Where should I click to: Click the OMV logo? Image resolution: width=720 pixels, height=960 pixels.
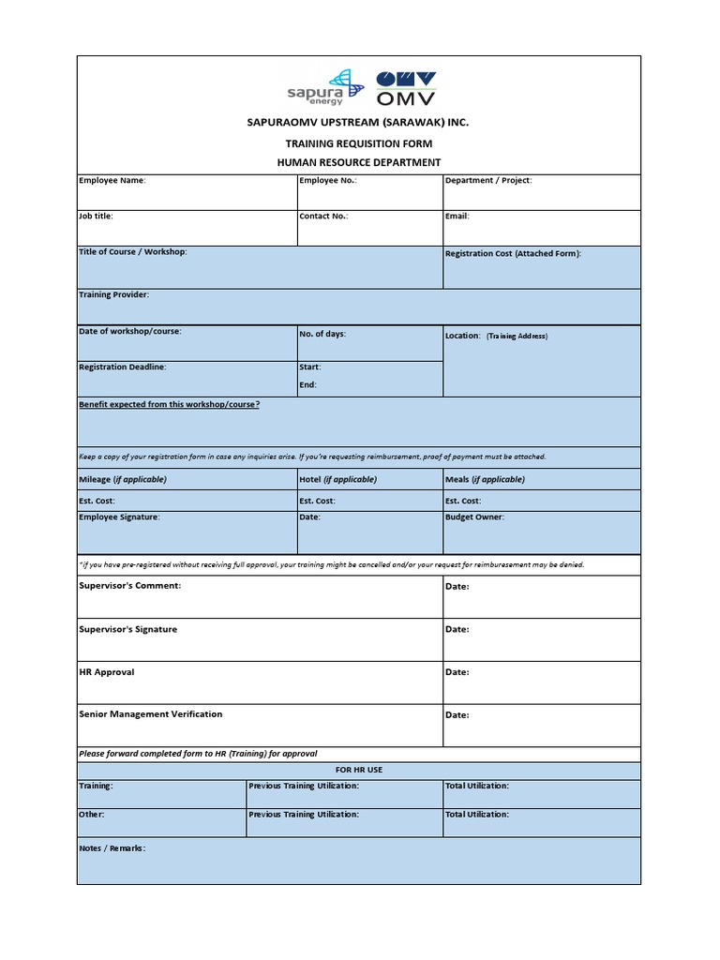405,88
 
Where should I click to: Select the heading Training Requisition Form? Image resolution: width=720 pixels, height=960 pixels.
359,143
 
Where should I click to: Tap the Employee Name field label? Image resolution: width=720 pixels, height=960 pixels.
112,180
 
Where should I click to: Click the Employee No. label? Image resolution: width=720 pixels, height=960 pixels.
327,180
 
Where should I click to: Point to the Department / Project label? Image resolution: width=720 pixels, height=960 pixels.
488,180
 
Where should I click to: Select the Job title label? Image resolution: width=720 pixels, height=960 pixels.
96,216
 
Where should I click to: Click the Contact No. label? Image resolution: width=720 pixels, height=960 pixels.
323,216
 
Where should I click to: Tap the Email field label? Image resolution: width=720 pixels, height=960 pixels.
457,216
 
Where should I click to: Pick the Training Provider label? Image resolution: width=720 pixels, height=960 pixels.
113,294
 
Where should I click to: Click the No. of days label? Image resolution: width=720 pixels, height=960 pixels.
322,334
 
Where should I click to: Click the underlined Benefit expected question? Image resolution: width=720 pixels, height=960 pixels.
170,404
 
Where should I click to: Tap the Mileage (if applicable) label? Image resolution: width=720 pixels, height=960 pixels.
123,479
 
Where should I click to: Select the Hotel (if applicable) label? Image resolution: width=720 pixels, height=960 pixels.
337,479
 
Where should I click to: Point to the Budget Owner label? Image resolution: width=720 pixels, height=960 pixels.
474,517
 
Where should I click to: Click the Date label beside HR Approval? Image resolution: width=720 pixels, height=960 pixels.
457,672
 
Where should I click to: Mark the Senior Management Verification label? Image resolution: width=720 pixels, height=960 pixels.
151,713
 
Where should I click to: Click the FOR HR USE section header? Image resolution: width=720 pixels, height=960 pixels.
359,770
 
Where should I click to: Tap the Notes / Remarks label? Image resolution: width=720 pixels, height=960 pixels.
112,847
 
